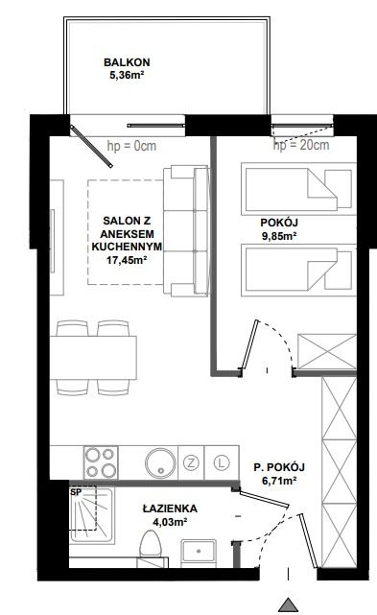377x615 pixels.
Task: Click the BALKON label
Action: click(x=127, y=62)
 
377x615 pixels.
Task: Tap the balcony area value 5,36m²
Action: click(x=127, y=75)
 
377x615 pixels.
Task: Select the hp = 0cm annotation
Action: click(x=131, y=146)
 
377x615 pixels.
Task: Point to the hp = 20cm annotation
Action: click(x=301, y=145)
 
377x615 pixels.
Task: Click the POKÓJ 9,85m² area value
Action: click(x=279, y=236)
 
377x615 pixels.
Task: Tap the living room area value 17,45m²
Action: click(x=127, y=259)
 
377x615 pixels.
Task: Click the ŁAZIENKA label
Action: click(x=170, y=509)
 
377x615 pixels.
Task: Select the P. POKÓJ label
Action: click(x=279, y=467)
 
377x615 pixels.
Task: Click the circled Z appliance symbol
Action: click(x=191, y=462)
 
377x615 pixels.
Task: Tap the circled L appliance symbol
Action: click(x=222, y=462)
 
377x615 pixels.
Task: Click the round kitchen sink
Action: click(x=160, y=462)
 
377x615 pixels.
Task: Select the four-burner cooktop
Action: click(x=101, y=462)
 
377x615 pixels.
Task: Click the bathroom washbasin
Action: click(x=199, y=554)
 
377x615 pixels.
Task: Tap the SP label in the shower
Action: click(x=75, y=492)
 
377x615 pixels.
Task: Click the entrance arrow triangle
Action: click(x=289, y=604)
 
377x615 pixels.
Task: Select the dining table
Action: click(x=93, y=357)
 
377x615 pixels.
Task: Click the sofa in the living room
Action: click(x=185, y=230)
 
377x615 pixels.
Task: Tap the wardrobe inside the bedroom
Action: click(x=327, y=351)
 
